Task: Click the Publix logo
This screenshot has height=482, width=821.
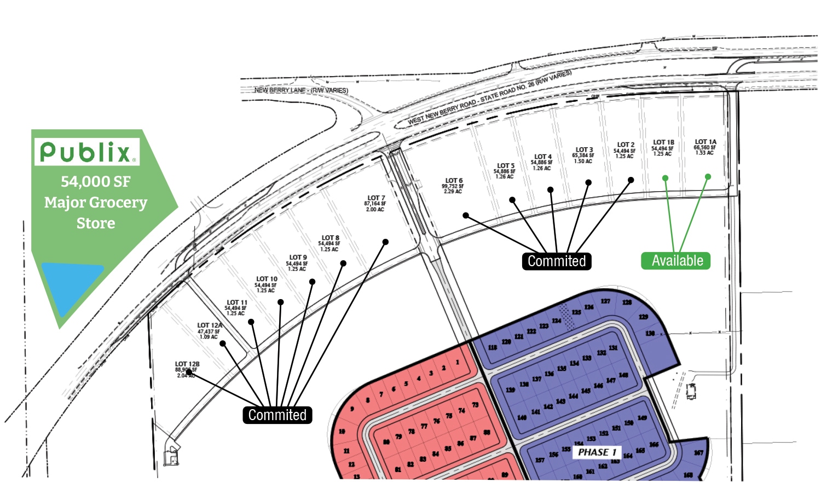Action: pyautogui.click(x=86, y=152)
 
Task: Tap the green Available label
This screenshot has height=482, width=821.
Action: pyautogui.click(x=676, y=261)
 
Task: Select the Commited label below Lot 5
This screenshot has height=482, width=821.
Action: pyautogui.click(x=556, y=261)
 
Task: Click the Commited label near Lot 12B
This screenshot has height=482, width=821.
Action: pyautogui.click(x=277, y=415)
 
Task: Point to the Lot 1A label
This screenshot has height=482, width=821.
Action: pyautogui.click(x=705, y=142)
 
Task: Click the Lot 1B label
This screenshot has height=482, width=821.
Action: pyautogui.click(x=663, y=142)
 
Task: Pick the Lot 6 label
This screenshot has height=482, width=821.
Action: pyautogui.click(x=453, y=181)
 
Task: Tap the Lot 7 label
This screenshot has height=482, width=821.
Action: pyautogui.click(x=375, y=198)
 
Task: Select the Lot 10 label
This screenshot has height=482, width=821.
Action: pyautogui.click(x=267, y=279)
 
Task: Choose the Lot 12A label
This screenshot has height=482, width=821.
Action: pyautogui.click(x=210, y=325)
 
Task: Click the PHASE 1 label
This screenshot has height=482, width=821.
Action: pyautogui.click(x=597, y=452)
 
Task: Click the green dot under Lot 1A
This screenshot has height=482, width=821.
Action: pyautogui.click(x=708, y=177)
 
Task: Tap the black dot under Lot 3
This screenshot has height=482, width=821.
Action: pyautogui.click(x=588, y=182)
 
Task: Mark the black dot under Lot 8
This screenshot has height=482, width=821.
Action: pyautogui.click(x=343, y=263)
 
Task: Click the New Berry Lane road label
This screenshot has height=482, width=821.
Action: pyautogui.click(x=301, y=90)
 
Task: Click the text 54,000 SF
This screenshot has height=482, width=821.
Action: pyautogui.click(x=95, y=182)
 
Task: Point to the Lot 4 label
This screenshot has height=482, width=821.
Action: pyautogui.click(x=542, y=157)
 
